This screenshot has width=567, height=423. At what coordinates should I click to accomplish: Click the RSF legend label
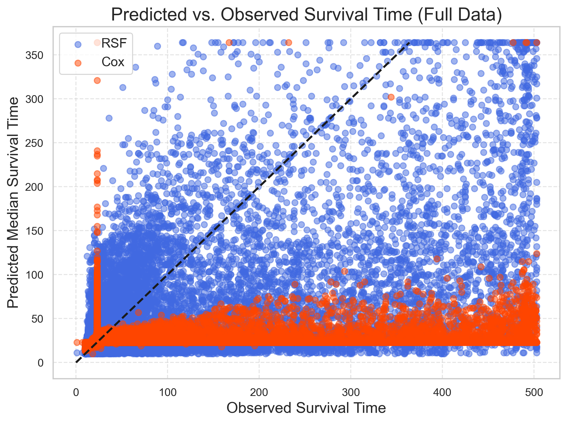pos(114,43)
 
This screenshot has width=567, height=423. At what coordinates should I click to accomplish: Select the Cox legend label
pos(113,62)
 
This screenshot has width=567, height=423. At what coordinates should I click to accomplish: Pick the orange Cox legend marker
pos(78,63)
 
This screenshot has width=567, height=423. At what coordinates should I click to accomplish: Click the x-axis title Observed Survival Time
pos(306,408)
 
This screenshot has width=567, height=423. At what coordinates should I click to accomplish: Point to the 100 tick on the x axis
pos(168,393)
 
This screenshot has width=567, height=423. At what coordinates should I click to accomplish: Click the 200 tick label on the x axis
pos(259,393)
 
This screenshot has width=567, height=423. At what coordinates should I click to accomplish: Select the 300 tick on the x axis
pos(351,393)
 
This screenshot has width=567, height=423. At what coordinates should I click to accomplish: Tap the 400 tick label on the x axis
pos(442,393)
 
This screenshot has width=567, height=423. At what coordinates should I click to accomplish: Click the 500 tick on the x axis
pos(534,393)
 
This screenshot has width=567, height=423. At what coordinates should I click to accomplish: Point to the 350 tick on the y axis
pos(34,55)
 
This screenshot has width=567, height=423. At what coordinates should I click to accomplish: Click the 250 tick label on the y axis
pos(34,143)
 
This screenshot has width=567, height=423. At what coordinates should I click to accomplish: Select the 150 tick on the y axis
pos(34,231)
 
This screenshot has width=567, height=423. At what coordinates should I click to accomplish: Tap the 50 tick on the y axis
pos(37,319)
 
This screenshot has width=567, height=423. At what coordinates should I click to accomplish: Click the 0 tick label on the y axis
pos(40,363)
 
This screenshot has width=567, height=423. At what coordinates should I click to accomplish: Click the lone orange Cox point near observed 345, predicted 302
pos(391,97)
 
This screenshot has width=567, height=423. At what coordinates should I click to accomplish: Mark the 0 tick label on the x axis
pos(76,393)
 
